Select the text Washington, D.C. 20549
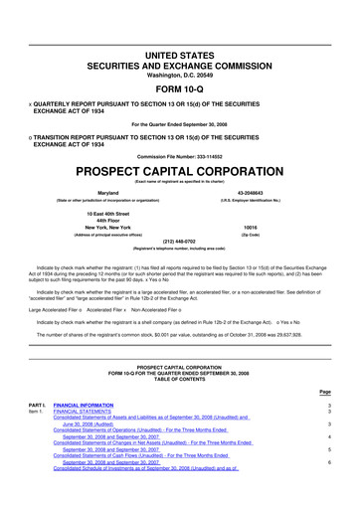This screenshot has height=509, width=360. point(181,48)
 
